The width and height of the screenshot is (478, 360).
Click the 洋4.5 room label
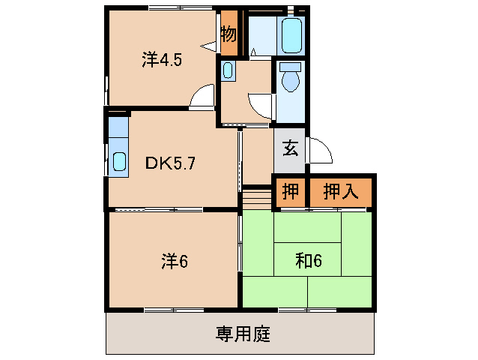pos(161,60)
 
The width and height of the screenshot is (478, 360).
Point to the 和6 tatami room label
pos(308,261)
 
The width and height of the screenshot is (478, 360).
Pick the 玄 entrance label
pos(290,148)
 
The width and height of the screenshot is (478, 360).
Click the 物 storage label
pos(229,34)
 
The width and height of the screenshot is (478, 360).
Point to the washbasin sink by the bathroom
pos(229,72)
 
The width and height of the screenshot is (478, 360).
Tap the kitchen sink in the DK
pos(118,160)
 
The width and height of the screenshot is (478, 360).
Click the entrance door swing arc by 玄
pos(319,150)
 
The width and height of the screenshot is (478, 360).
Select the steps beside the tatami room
pos(255,199)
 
